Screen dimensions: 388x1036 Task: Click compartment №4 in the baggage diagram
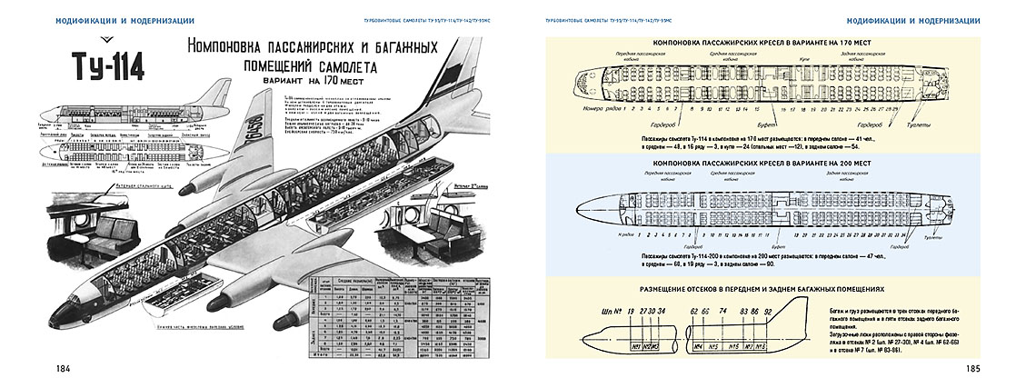[700, 345]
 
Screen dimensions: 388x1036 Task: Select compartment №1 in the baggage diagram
[638, 345]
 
